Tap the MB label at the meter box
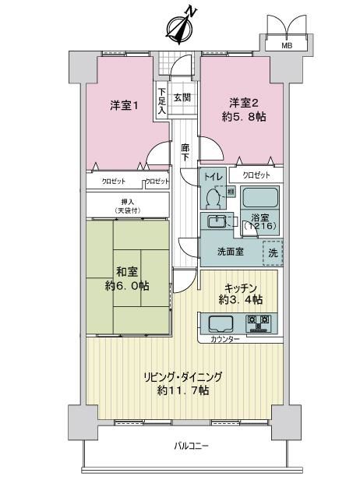[287, 46]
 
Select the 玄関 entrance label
[182, 97]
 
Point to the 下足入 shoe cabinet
[162, 101]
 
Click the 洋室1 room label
[124, 106]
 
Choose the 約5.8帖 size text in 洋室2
[244, 117]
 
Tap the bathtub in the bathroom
[260, 197]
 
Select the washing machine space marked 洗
[273, 252]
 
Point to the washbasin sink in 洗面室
[217, 221]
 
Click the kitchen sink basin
[221, 324]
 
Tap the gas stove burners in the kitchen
[259, 324]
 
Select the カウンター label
[225, 339]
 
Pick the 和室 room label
[127, 271]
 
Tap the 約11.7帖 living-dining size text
[183, 390]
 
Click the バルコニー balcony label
[192, 446]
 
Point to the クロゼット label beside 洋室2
[256, 175]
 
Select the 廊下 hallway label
[185, 153]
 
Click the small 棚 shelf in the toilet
[231, 192]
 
